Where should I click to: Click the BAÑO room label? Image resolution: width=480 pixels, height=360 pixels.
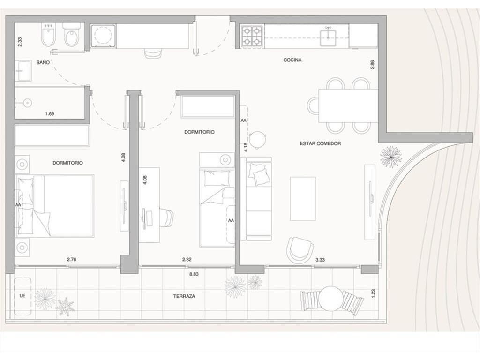43,62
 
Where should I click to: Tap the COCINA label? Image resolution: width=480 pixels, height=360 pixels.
292,60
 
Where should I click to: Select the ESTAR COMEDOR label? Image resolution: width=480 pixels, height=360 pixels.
320,143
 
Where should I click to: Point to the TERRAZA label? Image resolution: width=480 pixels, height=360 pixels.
184,296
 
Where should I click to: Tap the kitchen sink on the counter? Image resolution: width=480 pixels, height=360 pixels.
328,37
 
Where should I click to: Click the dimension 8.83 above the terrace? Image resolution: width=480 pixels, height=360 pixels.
194,274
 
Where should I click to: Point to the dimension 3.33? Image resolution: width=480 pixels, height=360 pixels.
320,260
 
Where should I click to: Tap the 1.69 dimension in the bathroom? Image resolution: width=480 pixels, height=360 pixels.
50,113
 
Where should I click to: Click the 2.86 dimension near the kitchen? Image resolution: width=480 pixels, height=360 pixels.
372,65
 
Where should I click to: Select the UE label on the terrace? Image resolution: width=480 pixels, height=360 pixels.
22,296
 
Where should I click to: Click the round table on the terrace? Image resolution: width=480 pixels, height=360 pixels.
331,298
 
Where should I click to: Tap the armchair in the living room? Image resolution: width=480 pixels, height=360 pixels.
300,250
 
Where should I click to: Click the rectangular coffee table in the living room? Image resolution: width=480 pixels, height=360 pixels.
303,199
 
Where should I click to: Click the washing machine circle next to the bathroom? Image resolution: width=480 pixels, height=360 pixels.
104,37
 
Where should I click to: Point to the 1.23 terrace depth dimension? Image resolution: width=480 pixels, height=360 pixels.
373,294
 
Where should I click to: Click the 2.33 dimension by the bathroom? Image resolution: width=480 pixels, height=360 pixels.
20,42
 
